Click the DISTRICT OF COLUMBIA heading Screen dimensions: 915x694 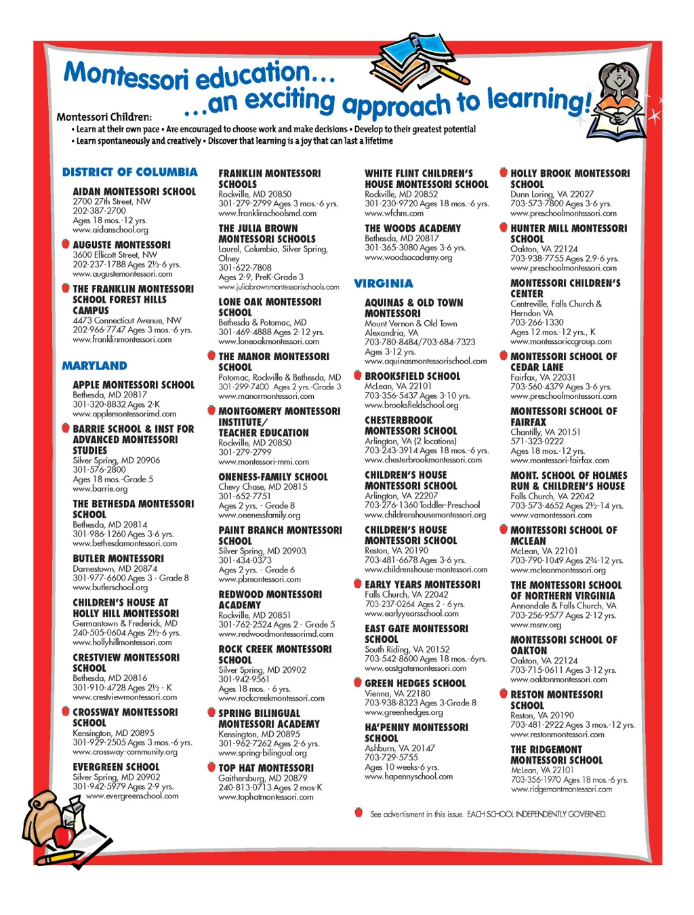click(129, 172)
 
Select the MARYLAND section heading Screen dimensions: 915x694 click(94, 366)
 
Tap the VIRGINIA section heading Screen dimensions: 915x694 click(383, 284)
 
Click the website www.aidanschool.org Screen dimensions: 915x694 click(110, 230)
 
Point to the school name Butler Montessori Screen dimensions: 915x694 click(118, 558)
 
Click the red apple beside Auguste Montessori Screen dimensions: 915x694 click(65, 244)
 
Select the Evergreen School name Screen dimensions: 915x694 click(116, 766)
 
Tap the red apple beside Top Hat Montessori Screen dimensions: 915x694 click(211, 767)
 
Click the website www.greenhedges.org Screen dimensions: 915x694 click(403, 712)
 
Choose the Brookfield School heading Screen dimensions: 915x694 click(412, 376)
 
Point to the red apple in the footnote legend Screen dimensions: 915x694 click(359, 813)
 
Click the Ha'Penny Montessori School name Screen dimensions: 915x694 click(416, 733)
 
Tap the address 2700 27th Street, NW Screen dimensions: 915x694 click(112, 201)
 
